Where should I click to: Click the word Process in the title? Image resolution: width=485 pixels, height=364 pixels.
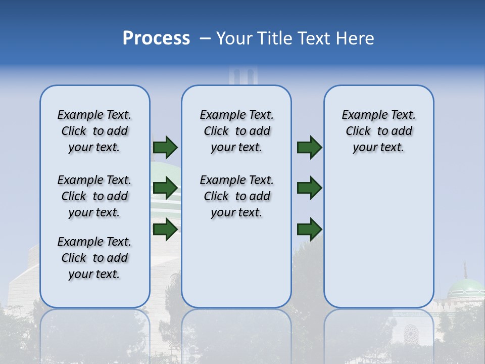pyautogui.click(x=156, y=38)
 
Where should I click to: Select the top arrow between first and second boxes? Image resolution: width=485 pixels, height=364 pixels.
pyautogui.click(x=165, y=147)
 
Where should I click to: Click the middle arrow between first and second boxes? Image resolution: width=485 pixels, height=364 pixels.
pyautogui.click(x=165, y=188)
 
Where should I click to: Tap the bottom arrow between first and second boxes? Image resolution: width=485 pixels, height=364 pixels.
pyautogui.click(x=165, y=229)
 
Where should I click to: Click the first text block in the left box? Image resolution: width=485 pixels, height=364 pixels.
pyautogui.click(x=94, y=131)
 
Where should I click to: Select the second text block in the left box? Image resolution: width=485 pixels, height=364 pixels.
pyautogui.click(x=94, y=196)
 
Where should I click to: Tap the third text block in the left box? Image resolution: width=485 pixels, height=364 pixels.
pyautogui.click(x=94, y=258)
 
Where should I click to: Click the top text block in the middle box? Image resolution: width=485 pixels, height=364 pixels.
pyautogui.click(x=236, y=131)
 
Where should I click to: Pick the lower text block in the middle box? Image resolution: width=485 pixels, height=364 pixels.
pyautogui.click(x=236, y=196)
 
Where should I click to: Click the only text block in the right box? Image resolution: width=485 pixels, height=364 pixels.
pyautogui.click(x=378, y=131)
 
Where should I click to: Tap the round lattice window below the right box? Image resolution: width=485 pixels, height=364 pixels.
pyautogui.click(x=411, y=334)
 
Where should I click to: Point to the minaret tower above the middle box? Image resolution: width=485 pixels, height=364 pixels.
pyautogui.click(x=243, y=76)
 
